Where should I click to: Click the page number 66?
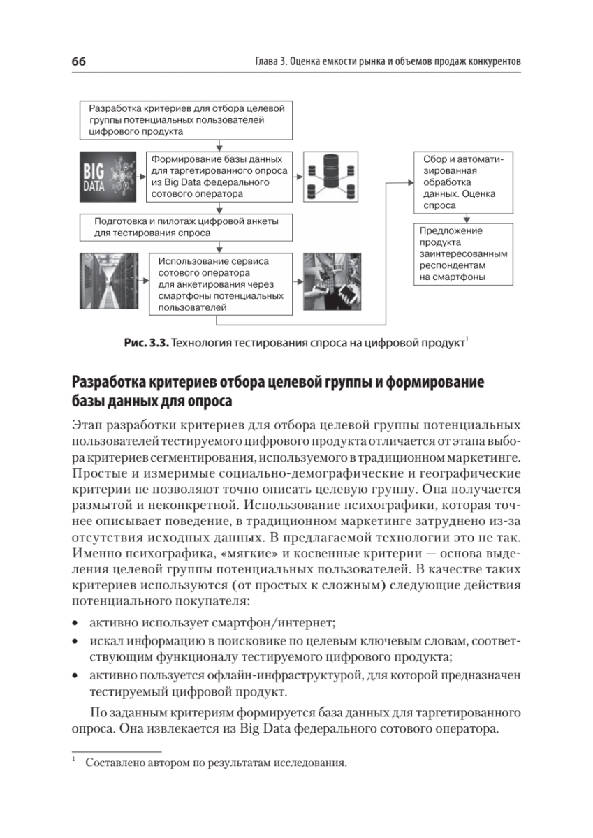tap(78, 62)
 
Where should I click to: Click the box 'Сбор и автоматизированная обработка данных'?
tap(459, 182)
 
